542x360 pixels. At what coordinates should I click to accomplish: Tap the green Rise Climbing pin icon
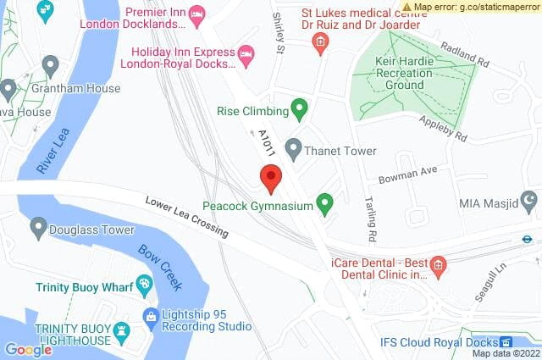click(x=298, y=108)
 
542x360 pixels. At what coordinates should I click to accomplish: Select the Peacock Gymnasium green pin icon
click(x=324, y=203)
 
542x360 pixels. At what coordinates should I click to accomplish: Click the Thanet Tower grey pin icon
click(x=293, y=150)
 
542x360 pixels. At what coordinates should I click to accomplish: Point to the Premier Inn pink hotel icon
click(x=196, y=13)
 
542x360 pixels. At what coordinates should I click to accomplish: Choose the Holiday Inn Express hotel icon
click(x=246, y=54)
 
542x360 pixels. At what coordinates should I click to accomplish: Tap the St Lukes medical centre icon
click(x=320, y=42)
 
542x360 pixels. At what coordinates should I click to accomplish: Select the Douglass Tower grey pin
click(x=38, y=228)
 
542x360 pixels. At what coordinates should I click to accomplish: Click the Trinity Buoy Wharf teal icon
click(x=143, y=286)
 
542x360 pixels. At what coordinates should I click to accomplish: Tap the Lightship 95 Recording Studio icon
click(x=152, y=318)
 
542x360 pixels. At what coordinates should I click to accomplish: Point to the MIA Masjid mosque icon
click(x=529, y=202)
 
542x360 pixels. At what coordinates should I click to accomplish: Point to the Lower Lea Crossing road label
click(x=186, y=217)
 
